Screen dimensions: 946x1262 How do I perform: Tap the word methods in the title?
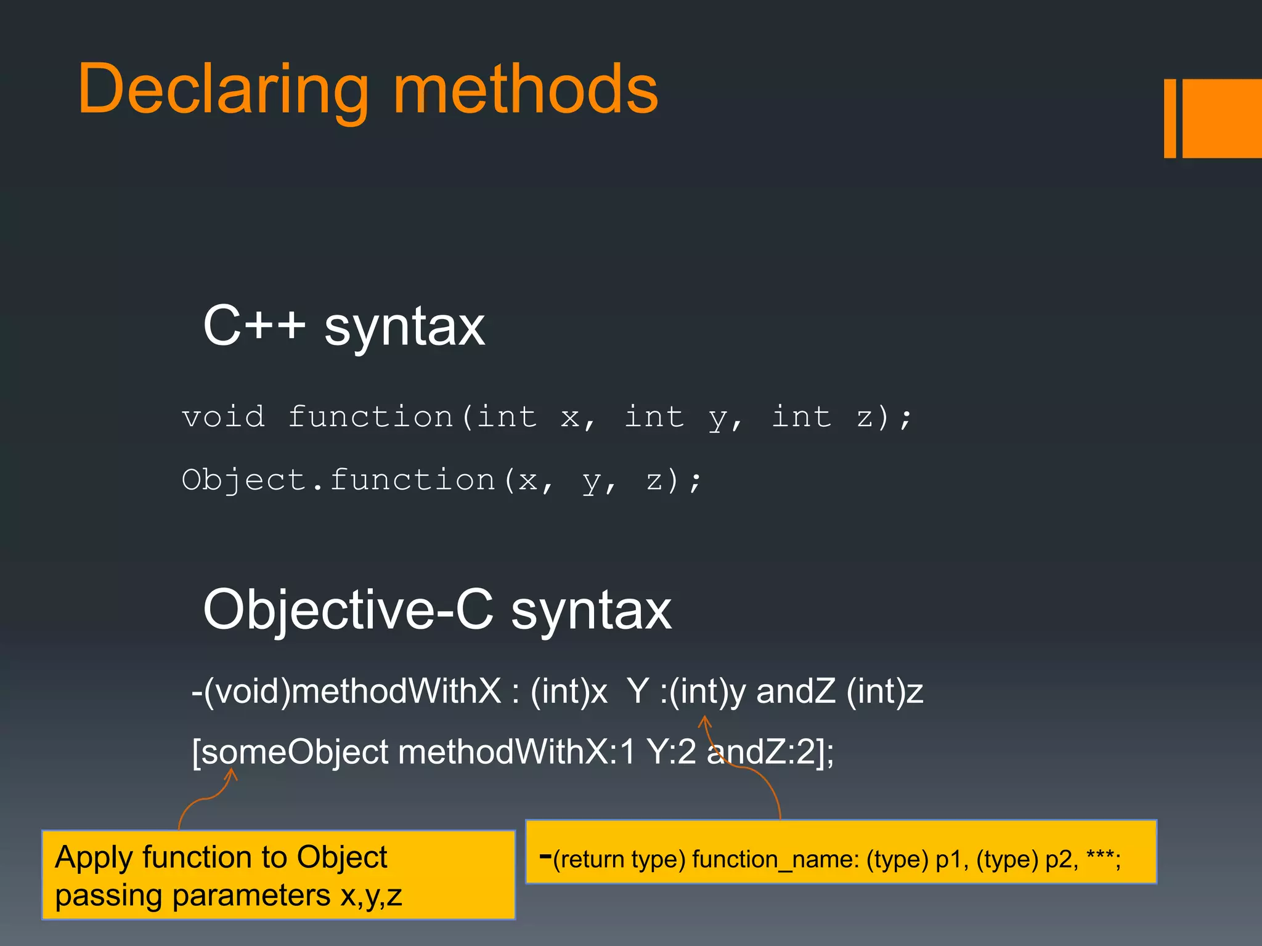[x=525, y=89]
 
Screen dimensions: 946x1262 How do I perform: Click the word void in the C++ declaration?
[x=224, y=417]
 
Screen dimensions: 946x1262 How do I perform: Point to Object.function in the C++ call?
[x=338, y=480]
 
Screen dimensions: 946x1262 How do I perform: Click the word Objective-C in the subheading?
[x=348, y=610]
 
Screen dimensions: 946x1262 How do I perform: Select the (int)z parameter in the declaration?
[x=885, y=691]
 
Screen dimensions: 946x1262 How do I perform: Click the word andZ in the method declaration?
[x=796, y=691]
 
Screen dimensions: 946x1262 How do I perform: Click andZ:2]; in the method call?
[x=770, y=752]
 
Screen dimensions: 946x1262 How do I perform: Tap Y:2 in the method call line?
[x=671, y=752]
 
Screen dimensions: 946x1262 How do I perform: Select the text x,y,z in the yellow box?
[x=371, y=895]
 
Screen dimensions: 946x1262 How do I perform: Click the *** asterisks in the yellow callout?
[x=1099, y=856]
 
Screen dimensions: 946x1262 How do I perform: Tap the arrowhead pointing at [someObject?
[x=232, y=774]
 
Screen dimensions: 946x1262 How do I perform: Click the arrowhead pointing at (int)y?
[x=705, y=720]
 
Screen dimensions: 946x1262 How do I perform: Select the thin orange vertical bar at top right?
[x=1170, y=118]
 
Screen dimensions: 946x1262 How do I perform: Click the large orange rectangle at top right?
[x=1222, y=118]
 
